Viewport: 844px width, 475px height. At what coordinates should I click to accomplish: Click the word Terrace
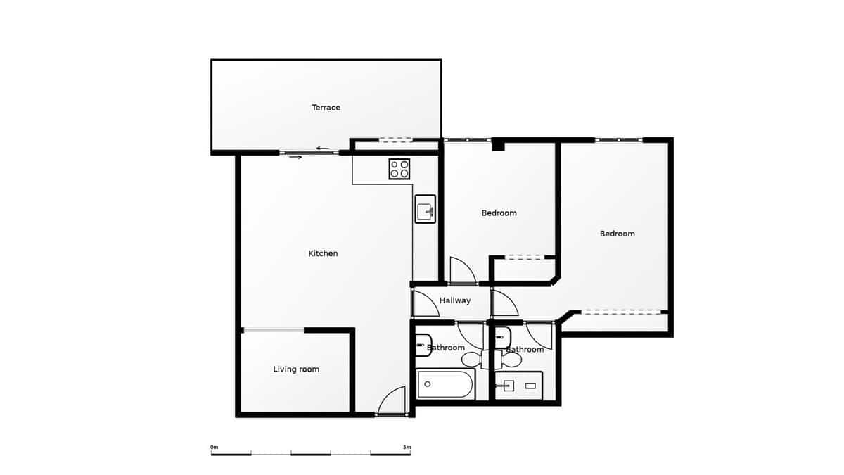[x=326, y=108]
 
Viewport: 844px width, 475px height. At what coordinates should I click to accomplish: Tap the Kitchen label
[x=323, y=253]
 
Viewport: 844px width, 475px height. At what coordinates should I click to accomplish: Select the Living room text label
[x=296, y=369]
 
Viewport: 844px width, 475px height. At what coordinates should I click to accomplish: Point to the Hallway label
[x=455, y=300]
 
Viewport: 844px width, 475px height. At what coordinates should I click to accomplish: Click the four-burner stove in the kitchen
[x=399, y=169]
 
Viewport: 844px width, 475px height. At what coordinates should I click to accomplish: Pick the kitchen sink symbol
[x=425, y=209]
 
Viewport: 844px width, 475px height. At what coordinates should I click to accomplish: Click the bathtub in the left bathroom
[x=445, y=384]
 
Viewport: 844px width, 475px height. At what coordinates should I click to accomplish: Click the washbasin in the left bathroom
[x=423, y=346]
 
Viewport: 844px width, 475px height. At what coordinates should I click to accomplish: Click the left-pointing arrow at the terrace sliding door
[x=323, y=148]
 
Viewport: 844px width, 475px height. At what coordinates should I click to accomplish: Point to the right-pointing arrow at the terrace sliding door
[x=295, y=157]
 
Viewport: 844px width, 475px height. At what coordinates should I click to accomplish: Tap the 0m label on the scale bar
[x=214, y=447]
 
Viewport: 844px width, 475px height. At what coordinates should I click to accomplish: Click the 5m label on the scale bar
[x=407, y=447]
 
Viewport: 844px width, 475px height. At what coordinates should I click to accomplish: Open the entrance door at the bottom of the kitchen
[x=392, y=403]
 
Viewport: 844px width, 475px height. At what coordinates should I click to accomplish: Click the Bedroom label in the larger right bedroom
[x=617, y=234]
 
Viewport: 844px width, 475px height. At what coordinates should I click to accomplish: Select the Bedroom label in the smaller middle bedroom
[x=499, y=213]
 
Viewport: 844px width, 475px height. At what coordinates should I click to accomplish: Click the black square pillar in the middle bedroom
[x=499, y=146]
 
